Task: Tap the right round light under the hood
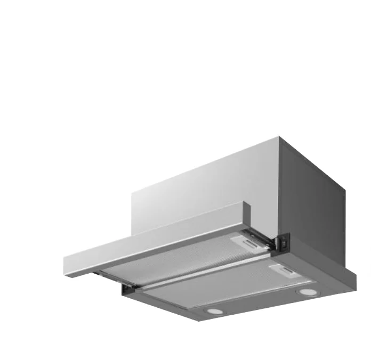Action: coord(305,292)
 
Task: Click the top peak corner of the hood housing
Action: coord(279,137)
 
